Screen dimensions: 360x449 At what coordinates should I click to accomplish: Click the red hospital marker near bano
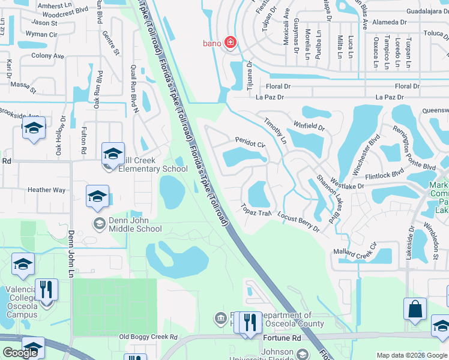(x=230, y=42)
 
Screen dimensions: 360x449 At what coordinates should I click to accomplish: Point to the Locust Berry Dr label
(x=299, y=220)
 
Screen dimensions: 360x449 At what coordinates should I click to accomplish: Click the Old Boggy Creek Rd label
(x=148, y=338)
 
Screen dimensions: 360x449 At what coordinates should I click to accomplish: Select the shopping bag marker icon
(x=415, y=311)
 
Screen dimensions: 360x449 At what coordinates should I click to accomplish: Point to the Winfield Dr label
(x=309, y=127)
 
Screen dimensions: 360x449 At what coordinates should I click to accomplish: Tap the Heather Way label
(x=46, y=190)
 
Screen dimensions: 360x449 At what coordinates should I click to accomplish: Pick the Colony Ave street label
(x=47, y=56)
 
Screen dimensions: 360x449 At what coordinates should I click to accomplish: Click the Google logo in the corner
(x=20, y=353)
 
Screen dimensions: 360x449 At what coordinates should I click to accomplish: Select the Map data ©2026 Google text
(x=411, y=355)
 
